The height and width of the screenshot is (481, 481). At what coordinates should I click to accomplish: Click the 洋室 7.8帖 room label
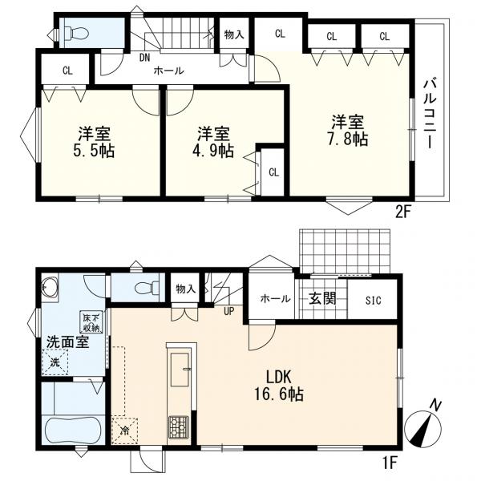348,131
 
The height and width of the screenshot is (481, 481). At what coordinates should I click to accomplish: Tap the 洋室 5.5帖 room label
95,141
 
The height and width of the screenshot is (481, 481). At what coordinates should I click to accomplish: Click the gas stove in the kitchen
177,426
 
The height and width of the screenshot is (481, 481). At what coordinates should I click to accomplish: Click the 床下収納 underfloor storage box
89,321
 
